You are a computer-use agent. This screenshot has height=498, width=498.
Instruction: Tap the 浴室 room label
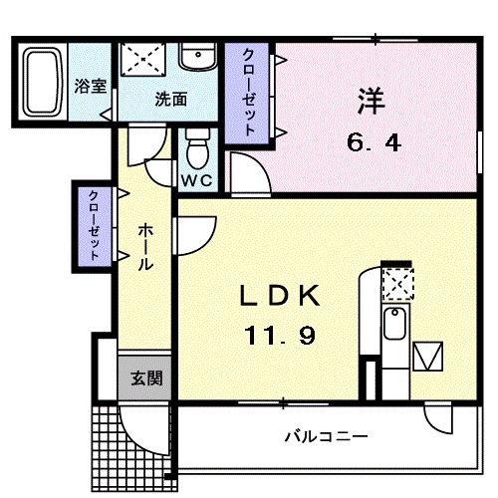92,86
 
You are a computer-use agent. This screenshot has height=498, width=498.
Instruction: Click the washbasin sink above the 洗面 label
198,58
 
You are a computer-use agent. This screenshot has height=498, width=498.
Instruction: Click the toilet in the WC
196,151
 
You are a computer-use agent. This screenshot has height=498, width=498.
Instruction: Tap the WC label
196,181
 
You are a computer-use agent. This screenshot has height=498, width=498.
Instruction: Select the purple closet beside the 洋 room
245,91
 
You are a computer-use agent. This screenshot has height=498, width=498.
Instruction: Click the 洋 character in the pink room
372,103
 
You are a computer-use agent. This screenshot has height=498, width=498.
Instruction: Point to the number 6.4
373,142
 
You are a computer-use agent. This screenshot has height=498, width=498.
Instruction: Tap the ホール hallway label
144,247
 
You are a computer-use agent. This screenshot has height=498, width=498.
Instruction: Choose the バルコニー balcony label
325,436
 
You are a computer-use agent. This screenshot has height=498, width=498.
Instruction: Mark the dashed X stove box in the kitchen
396,286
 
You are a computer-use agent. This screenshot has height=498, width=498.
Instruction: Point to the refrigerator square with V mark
430,357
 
